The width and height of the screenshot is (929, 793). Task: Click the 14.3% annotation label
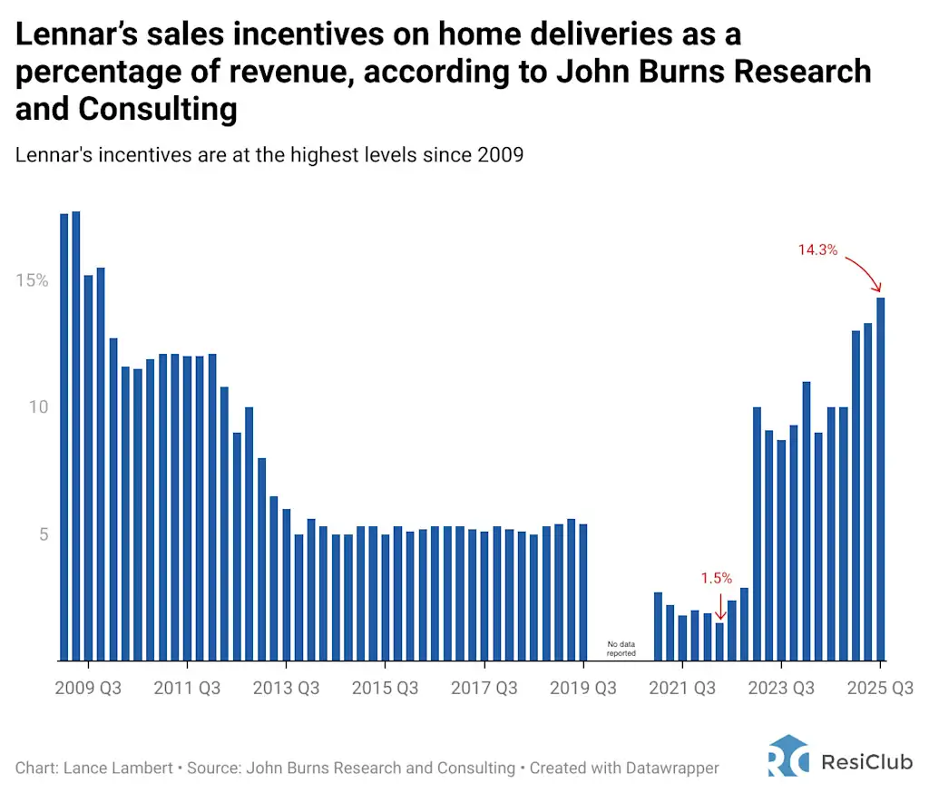tap(817, 250)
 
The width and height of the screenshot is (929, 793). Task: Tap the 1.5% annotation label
tap(716, 578)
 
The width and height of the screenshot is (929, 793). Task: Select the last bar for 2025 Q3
tap(880, 479)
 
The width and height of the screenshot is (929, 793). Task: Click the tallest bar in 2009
tap(76, 436)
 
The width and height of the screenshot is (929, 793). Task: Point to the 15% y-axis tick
tap(32, 280)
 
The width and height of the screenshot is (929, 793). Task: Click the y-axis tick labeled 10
tap(36, 407)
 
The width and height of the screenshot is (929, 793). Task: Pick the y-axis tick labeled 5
tap(42, 534)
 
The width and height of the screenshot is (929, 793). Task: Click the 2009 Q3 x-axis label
tap(87, 689)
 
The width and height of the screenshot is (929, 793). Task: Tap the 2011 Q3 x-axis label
tap(187, 689)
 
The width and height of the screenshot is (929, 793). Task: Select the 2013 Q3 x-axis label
tap(287, 689)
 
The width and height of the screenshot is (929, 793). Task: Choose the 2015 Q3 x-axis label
tap(386, 689)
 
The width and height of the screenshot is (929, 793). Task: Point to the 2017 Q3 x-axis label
tap(484, 689)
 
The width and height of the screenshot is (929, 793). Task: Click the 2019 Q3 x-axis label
tap(583, 689)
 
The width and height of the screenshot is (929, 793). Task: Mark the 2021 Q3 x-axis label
tap(682, 689)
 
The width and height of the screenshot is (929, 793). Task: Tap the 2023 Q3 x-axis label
tap(781, 689)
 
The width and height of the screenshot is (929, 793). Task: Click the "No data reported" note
tap(621, 648)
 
